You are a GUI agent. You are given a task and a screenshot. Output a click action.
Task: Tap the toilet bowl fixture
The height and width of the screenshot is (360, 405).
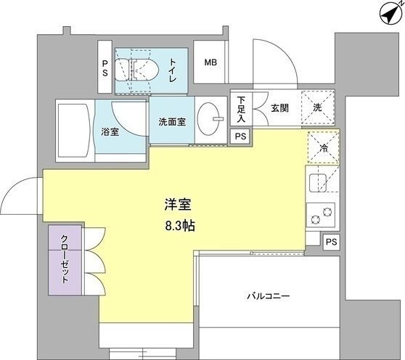(x=136, y=70)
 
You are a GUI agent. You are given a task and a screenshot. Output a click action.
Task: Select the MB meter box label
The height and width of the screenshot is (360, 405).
(x=210, y=62)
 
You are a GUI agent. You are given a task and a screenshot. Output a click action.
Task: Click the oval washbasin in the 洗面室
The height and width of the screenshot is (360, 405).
(x=209, y=118)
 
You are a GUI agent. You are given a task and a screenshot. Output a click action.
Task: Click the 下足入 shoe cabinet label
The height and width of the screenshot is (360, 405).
(x=241, y=110)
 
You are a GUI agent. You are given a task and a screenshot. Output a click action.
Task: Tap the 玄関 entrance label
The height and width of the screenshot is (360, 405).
(x=279, y=108)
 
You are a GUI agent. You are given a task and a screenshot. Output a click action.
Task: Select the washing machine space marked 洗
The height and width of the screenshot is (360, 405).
(x=317, y=107)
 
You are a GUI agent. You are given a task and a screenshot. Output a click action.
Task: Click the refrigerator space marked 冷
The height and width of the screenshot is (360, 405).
(x=323, y=147)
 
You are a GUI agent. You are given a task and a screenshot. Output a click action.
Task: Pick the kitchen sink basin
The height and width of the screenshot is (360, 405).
(x=318, y=183)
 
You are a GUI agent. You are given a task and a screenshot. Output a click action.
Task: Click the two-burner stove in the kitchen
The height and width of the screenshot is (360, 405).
(x=321, y=215)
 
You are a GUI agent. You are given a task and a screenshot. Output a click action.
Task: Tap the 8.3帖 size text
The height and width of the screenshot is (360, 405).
(x=180, y=226)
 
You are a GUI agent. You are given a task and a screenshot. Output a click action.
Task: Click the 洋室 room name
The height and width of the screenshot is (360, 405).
(x=179, y=205)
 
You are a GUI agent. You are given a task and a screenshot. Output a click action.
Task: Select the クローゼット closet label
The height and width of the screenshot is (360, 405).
(x=65, y=259)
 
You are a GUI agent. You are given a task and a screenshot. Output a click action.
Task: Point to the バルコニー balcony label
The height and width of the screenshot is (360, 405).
(x=269, y=296)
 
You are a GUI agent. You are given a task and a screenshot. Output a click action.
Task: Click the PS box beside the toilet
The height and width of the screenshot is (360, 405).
(x=105, y=67)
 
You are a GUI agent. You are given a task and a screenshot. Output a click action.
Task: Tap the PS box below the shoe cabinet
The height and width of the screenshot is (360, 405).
(x=240, y=136)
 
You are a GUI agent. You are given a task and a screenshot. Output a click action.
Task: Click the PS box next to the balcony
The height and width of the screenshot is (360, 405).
(x=332, y=242)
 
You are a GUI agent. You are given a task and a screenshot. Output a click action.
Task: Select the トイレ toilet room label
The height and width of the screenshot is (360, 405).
(x=172, y=70)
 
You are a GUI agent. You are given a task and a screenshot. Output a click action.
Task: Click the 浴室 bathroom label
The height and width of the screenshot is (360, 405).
(x=110, y=132)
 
